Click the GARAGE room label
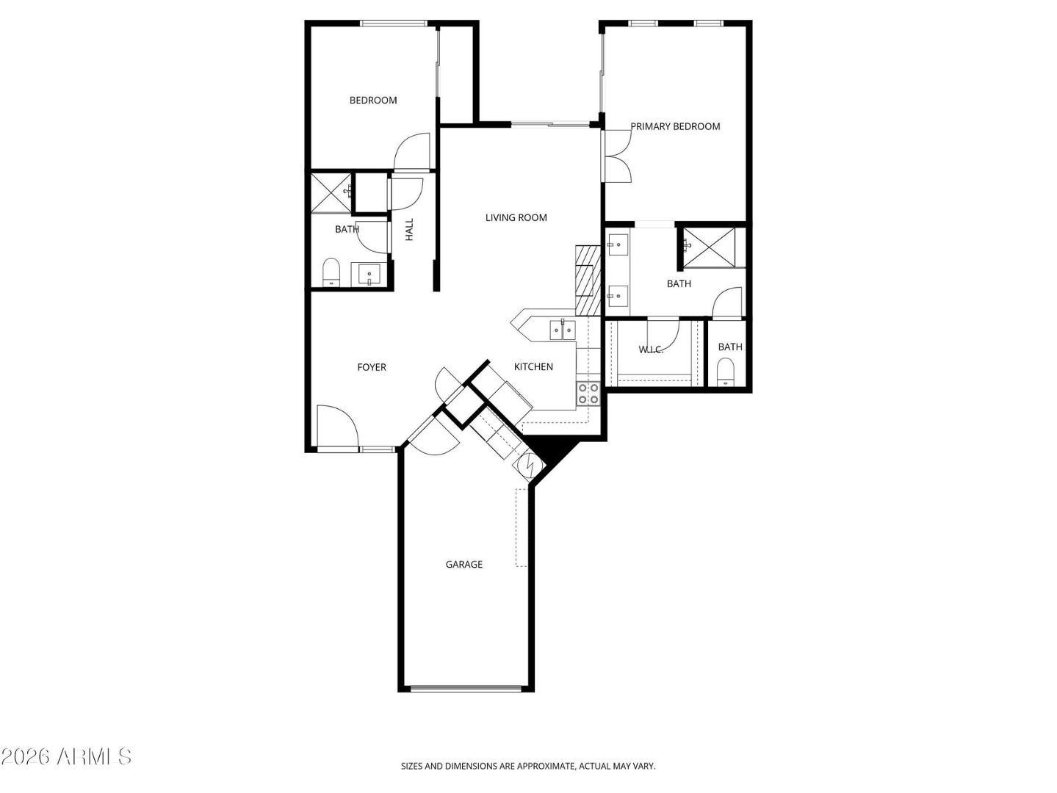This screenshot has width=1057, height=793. point(464,565)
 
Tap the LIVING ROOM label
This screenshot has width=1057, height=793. point(516,217)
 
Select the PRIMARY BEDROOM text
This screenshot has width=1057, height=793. point(675,126)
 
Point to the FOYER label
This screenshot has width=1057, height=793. point(372,367)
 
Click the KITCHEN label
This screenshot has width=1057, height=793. point(533,366)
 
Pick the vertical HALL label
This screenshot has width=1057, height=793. point(410,229)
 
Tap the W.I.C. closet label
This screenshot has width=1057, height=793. point(652,350)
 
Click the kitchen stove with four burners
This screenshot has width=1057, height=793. point(588,394)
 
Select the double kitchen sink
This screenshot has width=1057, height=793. point(563,330)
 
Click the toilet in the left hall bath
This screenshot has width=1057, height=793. point(332,272)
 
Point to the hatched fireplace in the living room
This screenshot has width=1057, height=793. point(588,280)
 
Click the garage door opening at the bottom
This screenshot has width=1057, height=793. point(466,689)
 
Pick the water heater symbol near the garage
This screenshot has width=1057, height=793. point(530,465)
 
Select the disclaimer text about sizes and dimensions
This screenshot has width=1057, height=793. point(528,766)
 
